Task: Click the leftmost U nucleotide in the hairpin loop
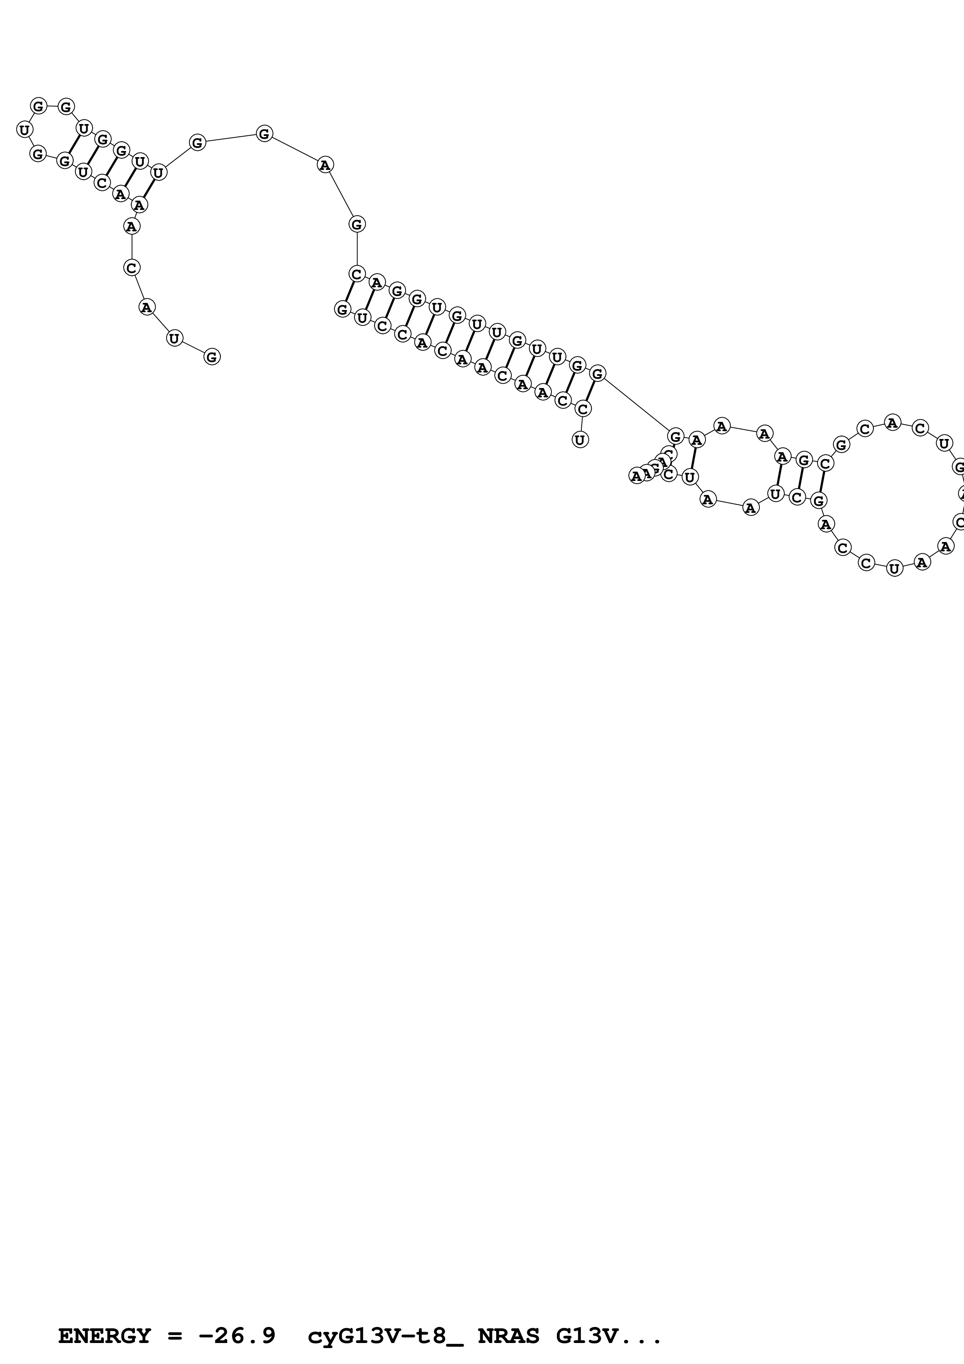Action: point(24,129)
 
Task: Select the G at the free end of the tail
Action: point(212,357)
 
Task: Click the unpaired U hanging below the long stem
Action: point(580,440)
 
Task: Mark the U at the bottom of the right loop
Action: point(894,568)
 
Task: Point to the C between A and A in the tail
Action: point(131,268)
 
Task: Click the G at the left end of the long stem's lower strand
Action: point(342,309)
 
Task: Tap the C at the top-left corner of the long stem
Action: point(356,274)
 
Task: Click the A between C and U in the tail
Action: point(146,307)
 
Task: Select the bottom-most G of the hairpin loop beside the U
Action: point(38,154)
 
